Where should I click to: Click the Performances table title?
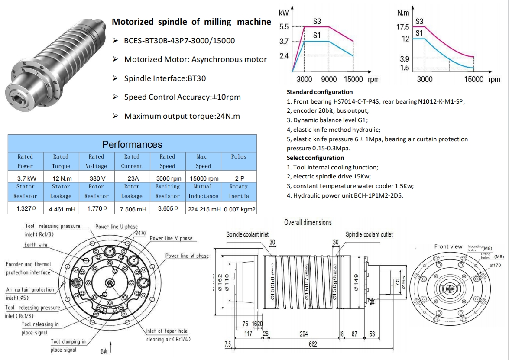(x=132, y=144)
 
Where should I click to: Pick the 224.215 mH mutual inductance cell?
(x=203, y=209)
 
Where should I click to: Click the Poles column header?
(x=239, y=157)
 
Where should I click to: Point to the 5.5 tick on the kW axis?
(x=284, y=27)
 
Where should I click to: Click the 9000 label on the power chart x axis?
(x=329, y=79)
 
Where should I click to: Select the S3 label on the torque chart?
(x=419, y=21)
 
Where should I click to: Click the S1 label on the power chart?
(x=317, y=36)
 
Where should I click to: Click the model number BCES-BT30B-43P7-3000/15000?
(x=179, y=41)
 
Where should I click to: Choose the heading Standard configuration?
(x=320, y=92)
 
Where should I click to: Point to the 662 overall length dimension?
(x=313, y=344)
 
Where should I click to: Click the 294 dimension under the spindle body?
(x=304, y=334)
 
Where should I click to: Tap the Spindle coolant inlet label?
(x=247, y=234)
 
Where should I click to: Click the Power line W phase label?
(x=187, y=256)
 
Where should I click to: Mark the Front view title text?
(x=448, y=246)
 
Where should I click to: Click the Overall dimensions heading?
(x=308, y=222)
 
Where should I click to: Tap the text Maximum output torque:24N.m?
(x=182, y=116)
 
